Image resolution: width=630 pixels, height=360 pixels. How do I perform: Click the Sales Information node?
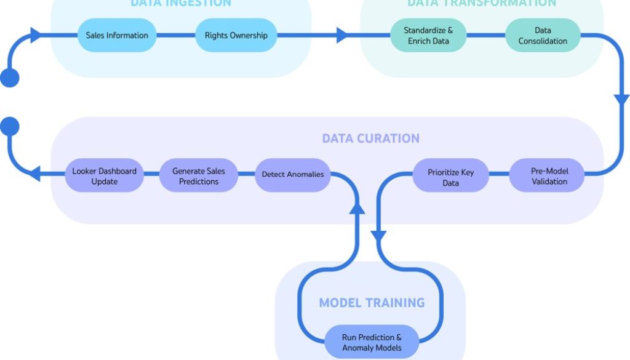117,35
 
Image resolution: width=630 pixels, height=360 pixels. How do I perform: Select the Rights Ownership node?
236,35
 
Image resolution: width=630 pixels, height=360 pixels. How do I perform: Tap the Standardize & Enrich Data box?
428,35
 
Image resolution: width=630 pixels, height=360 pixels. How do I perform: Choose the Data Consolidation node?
543,35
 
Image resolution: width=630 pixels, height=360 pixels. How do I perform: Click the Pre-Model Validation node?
549,175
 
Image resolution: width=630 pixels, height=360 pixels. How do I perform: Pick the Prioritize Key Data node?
450,177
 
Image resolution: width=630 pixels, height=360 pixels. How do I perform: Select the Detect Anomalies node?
292,174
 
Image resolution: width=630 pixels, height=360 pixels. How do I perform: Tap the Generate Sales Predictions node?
199,176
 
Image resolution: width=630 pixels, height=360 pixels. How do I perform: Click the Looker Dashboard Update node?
104,176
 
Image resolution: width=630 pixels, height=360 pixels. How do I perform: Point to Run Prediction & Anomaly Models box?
372,342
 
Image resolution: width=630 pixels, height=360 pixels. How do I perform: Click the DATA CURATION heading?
370,138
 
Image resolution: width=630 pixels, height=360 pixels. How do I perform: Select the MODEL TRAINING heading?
372,302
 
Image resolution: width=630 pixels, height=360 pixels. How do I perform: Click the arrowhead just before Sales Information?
36,35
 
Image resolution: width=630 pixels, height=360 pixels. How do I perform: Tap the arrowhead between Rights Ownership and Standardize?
342,35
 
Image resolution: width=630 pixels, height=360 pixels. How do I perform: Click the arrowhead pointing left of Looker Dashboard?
35,174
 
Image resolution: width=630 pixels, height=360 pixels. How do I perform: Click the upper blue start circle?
10,78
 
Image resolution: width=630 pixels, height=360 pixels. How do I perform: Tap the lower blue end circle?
10,127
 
